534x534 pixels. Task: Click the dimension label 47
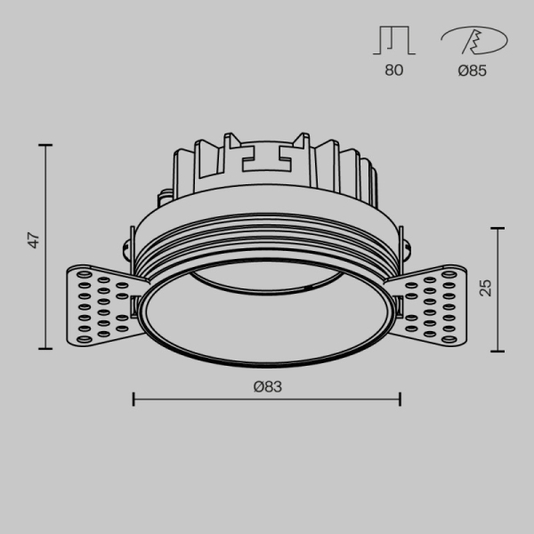point(33,240)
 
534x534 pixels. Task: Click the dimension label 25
point(485,287)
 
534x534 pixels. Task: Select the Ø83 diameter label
point(267,385)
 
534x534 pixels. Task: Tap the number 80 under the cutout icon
point(394,71)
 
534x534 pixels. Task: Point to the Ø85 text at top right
point(472,71)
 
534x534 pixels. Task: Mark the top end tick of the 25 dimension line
point(498,229)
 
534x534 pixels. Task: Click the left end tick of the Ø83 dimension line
point(133,399)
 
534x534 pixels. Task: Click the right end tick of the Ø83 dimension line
point(400,399)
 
